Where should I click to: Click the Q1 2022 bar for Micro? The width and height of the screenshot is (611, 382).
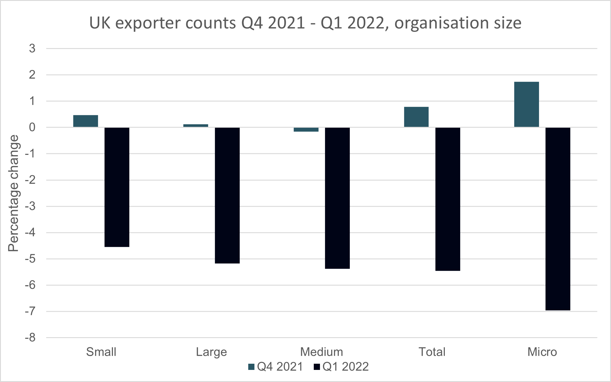click(558, 219)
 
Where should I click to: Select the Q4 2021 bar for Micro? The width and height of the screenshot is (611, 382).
click(526, 104)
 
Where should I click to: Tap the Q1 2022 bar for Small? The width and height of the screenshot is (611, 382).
click(117, 187)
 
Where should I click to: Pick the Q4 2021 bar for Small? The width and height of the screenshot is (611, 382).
click(86, 121)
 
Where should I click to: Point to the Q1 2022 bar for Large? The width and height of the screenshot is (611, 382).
click(227, 195)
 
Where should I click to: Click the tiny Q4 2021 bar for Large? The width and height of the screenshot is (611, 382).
click(196, 126)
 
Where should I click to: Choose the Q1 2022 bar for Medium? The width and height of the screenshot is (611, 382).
click(337, 198)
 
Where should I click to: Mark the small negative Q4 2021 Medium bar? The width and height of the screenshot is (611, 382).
click(306, 129)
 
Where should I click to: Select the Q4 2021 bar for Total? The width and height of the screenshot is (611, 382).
click(416, 117)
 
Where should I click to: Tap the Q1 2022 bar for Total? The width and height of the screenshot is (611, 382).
click(447, 199)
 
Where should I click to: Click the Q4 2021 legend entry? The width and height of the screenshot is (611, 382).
click(276, 367)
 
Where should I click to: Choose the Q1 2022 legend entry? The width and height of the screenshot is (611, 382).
click(342, 367)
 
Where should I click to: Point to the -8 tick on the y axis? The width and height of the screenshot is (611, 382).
click(30, 337)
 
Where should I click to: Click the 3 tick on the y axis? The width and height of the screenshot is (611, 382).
click(32, 48)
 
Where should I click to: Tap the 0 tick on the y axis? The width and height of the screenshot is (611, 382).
click(32, 127)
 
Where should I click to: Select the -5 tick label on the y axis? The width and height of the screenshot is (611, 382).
click(30, 259)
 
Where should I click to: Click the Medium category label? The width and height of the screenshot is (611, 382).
click(321, 352)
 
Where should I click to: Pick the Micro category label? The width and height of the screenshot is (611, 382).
click(542, 352)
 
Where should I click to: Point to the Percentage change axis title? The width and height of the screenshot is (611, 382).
click(14, 193)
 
